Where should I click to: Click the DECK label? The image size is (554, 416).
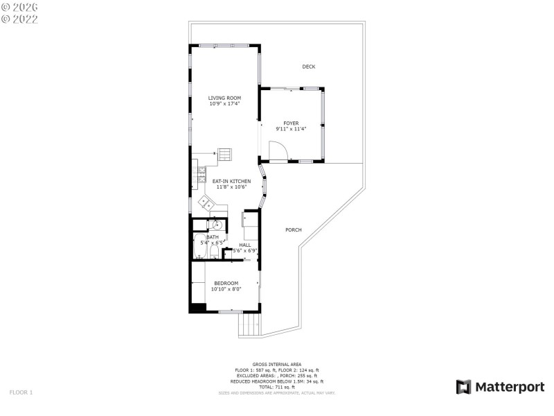[309, 67]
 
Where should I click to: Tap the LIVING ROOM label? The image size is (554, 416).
[224, 98]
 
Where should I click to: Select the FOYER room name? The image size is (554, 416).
[291, 123]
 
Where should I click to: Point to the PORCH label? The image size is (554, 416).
[293, 229]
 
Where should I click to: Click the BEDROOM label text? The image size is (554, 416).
[226, 283]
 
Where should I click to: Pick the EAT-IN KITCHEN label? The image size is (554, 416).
[231, 181]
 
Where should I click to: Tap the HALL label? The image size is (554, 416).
[245, 245]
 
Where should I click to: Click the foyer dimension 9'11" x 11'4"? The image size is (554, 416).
[291, 128]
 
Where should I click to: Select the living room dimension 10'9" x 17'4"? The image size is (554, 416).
[224, 103]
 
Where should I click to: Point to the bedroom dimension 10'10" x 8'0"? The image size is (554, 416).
[226, 288]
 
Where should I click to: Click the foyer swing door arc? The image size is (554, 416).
[276, 150]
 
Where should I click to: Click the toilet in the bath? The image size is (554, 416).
[215, 252]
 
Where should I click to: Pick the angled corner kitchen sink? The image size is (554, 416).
[206, 202]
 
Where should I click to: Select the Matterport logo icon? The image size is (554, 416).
[463, 387]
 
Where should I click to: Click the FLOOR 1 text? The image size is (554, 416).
[21, 392]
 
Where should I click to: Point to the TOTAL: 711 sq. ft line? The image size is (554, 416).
[276, 387]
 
